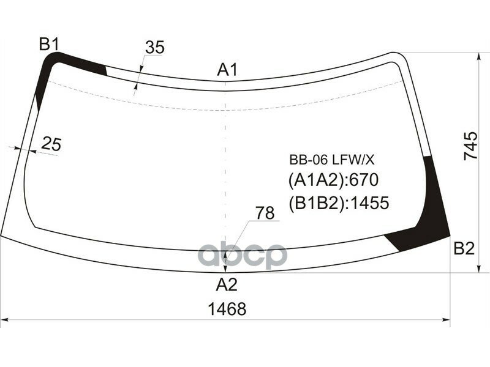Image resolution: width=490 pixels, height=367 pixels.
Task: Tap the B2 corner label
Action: click(464, 248)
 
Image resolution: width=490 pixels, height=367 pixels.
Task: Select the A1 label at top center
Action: click(227, 70)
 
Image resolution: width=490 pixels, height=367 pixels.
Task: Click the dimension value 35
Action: click(155, 47)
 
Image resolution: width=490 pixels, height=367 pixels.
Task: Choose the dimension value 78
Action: click(265, 213)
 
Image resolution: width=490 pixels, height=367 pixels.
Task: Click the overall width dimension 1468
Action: click(227, 310)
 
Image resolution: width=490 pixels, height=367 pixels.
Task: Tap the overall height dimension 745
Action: click(470, 146)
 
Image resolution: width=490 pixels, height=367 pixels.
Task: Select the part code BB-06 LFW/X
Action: click(331, 160)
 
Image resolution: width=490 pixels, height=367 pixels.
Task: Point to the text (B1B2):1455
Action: click(339, 202)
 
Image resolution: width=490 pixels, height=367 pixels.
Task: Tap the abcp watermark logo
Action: click(243, 256)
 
